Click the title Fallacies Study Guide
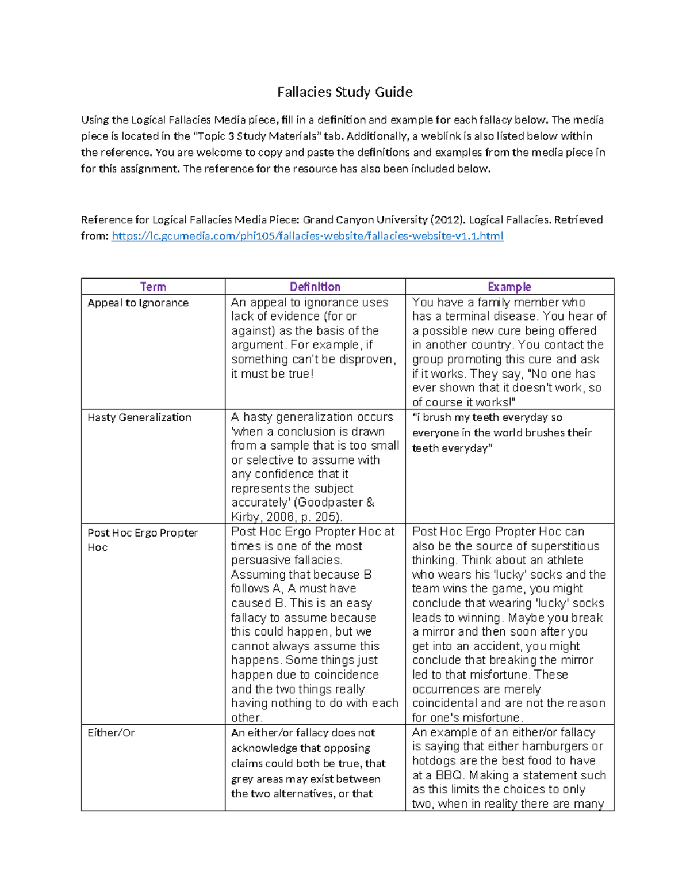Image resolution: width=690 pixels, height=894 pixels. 344,92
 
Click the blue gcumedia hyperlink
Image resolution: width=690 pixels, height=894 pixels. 307,236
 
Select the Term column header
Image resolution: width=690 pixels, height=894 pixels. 153,287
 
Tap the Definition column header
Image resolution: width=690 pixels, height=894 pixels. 315,287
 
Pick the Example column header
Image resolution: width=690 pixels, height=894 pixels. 509,287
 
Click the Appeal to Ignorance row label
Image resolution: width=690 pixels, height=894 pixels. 138,303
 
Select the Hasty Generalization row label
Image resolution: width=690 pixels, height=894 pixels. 139,417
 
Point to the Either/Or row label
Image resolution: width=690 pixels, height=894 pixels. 111,733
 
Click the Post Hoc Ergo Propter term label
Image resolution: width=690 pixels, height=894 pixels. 143,533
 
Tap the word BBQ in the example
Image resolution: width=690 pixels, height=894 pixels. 448,775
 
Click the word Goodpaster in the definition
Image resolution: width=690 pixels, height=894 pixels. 331,503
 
